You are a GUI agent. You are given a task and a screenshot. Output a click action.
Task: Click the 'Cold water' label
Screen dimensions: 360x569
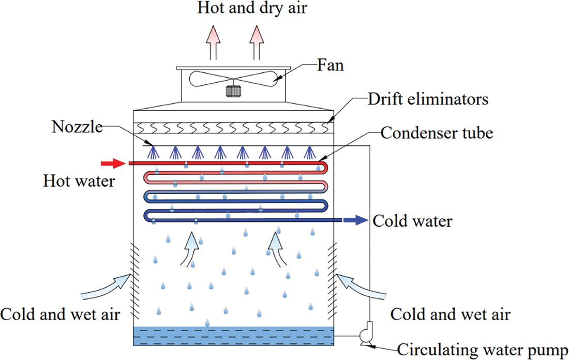pos(412,222)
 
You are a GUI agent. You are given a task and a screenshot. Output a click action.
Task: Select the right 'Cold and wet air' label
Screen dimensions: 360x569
pos(451,314)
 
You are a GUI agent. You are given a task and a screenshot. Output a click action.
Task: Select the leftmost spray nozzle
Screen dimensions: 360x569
pos(153,151)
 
